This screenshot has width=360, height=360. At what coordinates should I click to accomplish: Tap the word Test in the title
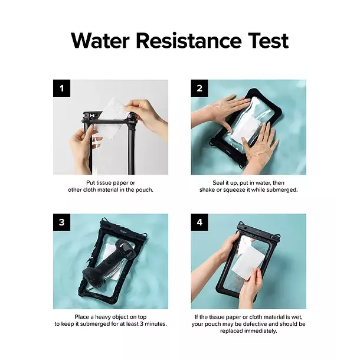coord(265,41)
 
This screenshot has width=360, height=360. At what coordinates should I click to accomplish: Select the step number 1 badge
coord(62,89)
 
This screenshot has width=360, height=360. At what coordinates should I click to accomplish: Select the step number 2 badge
coord(199,89)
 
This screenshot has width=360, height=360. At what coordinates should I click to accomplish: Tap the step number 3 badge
coord(62,222)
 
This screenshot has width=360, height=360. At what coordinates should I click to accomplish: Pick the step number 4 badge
coord(199,222)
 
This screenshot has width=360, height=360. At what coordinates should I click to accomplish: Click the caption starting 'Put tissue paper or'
coord(110,186)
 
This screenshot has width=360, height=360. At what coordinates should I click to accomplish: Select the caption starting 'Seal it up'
coord(248,186)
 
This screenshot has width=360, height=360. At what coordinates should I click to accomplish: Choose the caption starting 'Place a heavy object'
coord(110,320)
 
